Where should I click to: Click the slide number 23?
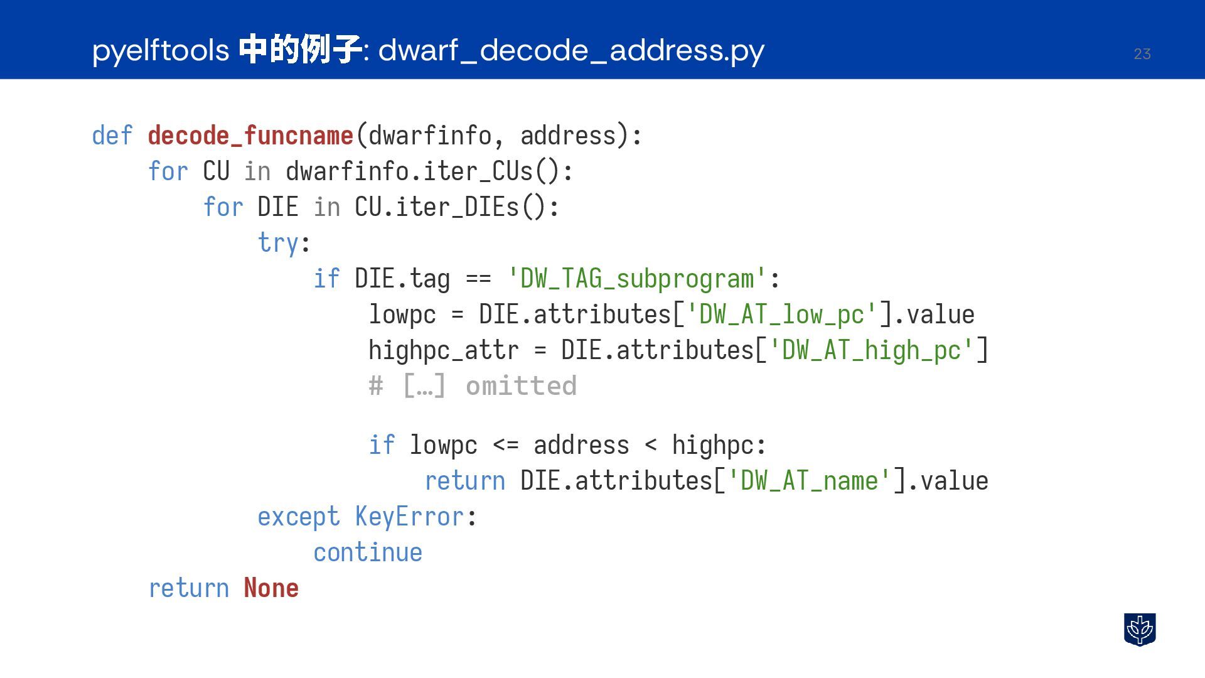tap(1142, 54)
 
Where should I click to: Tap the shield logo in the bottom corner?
tap(1140, 629)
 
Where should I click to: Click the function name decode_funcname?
tap(250, 136)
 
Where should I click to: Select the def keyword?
tap(112, 136)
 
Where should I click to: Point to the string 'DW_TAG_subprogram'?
tap(637, 279)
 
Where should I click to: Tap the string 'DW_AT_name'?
tap(809, 481)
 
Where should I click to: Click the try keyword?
tap(278, 243)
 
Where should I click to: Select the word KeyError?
tap(409, 517)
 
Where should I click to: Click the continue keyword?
tap(368, 552)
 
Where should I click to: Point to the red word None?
tap(271, 588)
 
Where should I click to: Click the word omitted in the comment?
tap(521, 386)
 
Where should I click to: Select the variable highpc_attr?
tap(444, 350)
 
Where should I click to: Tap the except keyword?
tap(299, 517)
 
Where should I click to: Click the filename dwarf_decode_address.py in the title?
tap(571, 50)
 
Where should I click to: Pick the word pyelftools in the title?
tap(161, 50)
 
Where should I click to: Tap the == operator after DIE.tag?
tap(478, 279)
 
